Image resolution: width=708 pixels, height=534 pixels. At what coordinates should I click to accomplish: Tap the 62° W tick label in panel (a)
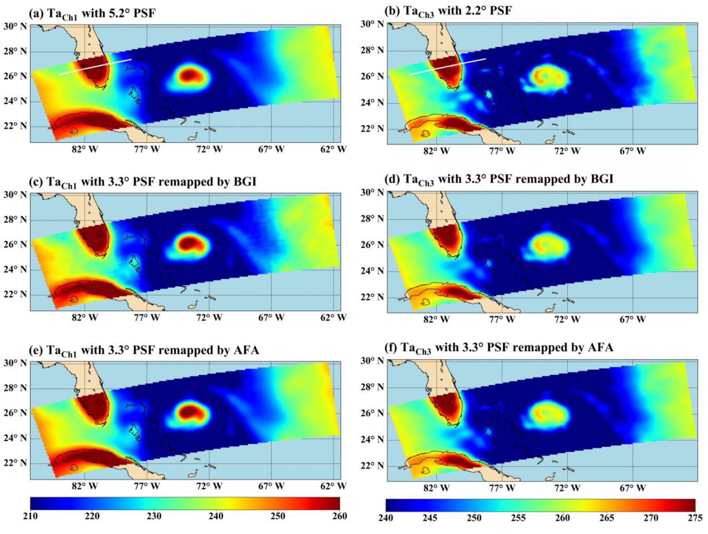point(333,149)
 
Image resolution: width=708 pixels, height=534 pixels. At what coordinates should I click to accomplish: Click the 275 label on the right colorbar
point(694,518)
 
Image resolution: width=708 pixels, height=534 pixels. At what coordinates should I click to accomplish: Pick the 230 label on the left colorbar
point(154,516)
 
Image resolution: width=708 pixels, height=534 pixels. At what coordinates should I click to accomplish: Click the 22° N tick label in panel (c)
point(15,294)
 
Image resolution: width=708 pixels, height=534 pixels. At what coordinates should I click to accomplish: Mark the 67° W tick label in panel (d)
point(632,319)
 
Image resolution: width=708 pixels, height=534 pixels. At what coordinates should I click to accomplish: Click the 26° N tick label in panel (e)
point(15,413)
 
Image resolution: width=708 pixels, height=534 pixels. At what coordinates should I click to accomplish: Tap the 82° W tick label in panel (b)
point(436,151)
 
